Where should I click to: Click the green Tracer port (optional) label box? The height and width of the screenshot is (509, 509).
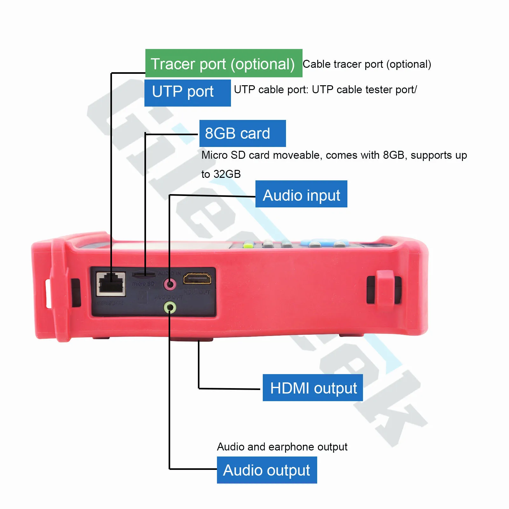(224, 63)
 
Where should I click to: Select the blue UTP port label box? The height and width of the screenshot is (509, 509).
(187, 93)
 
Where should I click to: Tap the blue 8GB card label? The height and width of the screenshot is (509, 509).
(242, 133)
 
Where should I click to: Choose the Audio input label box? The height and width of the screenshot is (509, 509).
(301, 194)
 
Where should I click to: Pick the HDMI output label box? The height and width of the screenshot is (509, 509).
(312, 388)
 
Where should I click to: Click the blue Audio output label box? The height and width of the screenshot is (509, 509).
(267, 470)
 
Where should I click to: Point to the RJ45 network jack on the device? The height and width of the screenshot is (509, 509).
(111, 283)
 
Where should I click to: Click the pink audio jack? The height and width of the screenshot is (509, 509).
(170, 284)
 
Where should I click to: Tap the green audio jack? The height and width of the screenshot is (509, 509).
(170, 308)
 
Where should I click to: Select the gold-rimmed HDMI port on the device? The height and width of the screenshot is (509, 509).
(197, 278)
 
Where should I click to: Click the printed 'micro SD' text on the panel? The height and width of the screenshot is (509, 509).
(143, 284)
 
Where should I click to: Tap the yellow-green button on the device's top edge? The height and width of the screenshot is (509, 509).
(248, 245)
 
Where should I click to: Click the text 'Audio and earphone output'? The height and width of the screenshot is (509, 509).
(282, 447)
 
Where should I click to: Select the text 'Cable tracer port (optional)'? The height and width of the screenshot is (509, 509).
(366, 64)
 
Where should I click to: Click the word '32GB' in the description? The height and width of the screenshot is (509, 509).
(227, 174)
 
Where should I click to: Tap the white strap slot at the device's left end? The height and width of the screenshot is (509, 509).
(49, 293)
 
